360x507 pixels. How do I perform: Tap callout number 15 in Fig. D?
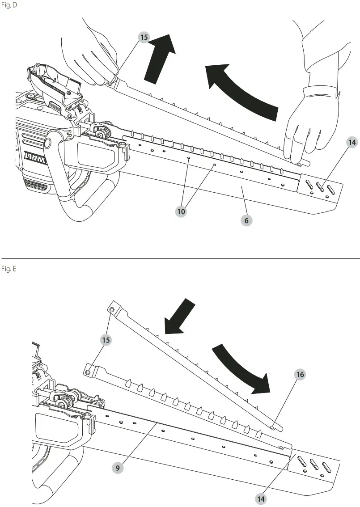coord(144,38)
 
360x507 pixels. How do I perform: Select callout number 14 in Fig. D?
coord(352,143)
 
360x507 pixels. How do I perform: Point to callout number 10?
coord(181,212)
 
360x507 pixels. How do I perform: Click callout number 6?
coord(246,220)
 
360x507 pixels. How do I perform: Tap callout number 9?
coord(118,468)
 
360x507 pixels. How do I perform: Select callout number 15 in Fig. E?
coord(106,340)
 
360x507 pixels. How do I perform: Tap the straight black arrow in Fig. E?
coord(179,317)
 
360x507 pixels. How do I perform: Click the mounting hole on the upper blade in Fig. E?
coord(113,309)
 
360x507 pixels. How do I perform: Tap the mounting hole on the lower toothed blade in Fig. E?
coord(89,372)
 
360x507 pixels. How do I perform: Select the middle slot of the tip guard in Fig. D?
coord(320,185)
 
